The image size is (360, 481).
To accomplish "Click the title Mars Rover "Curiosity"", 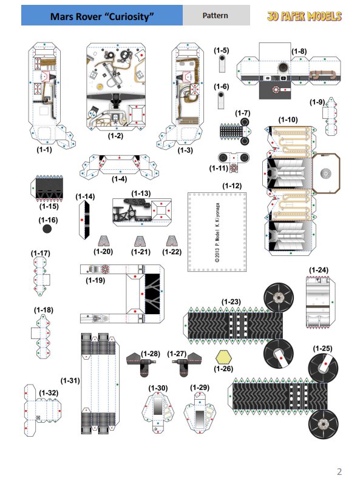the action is coord(102,16).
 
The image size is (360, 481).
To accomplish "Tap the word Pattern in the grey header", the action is coord(215,15).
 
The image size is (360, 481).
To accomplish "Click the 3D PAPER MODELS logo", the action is coord(304,16).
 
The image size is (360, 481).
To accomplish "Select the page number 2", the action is coord(339,471).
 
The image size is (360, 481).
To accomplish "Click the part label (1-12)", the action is coord(232,186).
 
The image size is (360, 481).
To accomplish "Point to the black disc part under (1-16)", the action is coord(47,229).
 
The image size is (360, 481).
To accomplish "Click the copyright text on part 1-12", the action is coord(217,232).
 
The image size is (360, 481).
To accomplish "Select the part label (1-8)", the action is coord(299,51).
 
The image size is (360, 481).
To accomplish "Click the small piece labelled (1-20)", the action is coord(104,241).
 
